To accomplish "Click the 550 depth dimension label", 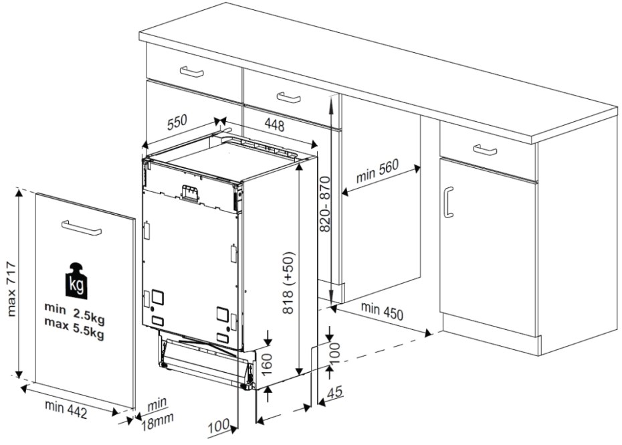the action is (177, 122).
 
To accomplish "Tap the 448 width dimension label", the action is (274, 125).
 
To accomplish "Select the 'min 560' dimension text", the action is (377, 171).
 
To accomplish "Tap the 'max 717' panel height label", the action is (11, 288).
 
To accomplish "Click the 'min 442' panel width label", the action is (66, 410).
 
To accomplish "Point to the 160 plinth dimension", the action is (267, 361).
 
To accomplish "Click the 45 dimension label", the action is (334, 392).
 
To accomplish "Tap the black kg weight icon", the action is (76, 280).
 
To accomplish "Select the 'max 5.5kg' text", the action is (74, 327).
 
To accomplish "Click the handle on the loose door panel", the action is (82, 227).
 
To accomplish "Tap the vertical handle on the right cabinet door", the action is (449, 202).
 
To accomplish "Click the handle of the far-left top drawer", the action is (191, 72).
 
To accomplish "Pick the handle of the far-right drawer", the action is (485, 150).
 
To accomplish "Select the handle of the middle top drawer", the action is (288, 97).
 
